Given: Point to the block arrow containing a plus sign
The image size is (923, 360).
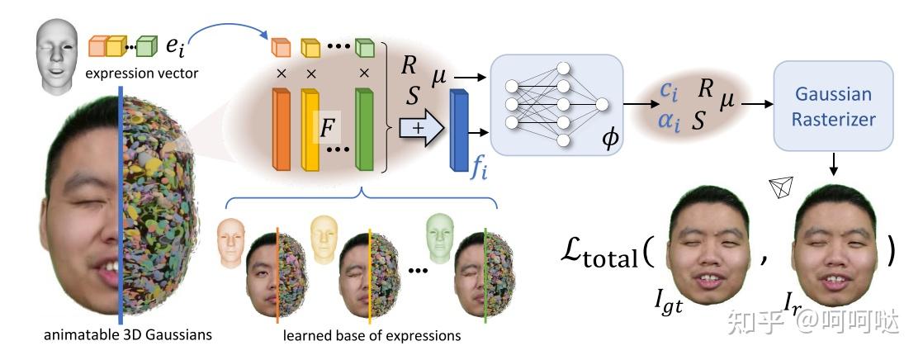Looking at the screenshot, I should pos(419,128).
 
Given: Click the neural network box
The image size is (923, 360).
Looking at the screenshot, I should pos(555,102).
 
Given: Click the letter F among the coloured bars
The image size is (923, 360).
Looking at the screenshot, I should pos(328,129).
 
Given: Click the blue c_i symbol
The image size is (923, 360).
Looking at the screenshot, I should pos(670,92).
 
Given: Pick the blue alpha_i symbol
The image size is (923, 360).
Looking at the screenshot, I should pos(670,120).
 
